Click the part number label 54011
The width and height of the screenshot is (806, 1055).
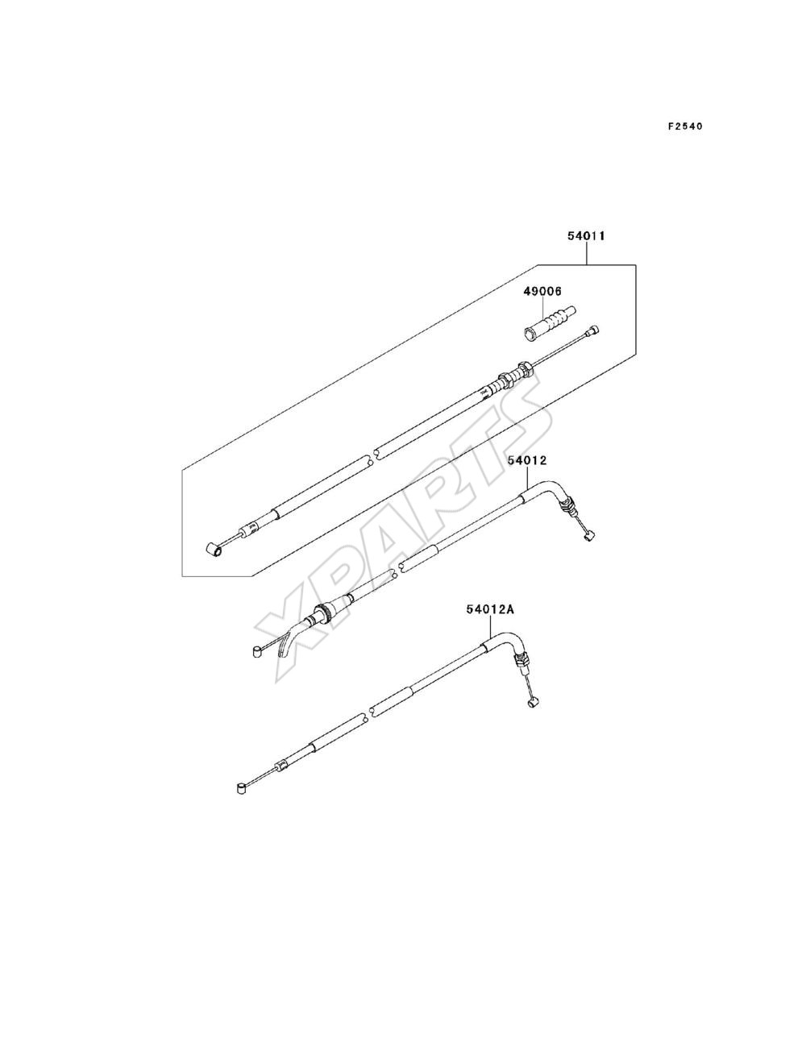[x=586, y=236]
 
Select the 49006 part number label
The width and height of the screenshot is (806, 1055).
[x=543, y=291]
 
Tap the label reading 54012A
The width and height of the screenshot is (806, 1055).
[x=490, y=610]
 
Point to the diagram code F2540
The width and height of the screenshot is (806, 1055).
[x=685, y=127]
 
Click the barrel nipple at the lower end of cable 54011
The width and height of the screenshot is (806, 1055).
[x=214, y=550]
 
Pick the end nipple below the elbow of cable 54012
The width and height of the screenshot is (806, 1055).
[x=590, y=535]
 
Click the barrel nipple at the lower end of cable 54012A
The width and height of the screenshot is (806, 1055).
[x=242, y=787]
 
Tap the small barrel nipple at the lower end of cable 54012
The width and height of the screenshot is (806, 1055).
[x=257, y=652]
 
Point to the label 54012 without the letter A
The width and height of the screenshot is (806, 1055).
[x=527, y=460]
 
